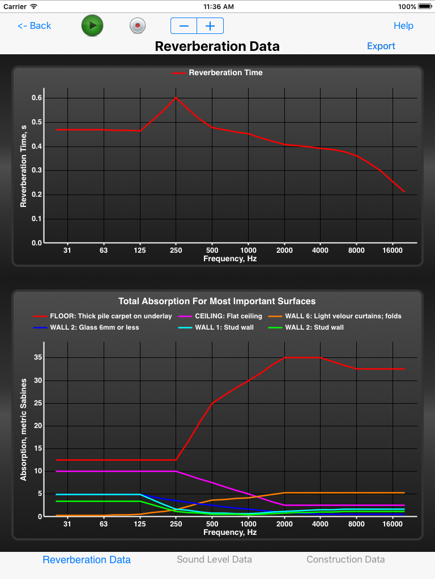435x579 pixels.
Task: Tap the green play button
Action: [92, 25]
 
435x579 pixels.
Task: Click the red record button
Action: [138, 25]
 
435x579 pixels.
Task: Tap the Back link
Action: [34, 25]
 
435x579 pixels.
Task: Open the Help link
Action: [403, 25]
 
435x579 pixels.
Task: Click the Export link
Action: [381, 46]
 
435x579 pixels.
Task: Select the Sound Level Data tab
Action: [214, 559]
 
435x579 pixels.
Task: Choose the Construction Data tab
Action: [346, 559]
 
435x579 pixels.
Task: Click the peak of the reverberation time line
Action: [176, 97]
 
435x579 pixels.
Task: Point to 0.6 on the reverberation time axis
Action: [37, 98]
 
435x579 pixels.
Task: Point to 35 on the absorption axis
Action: [39, 357]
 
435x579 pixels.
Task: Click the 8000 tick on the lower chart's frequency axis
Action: [356, 524]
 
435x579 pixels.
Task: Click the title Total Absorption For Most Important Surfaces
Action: [217, 301]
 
